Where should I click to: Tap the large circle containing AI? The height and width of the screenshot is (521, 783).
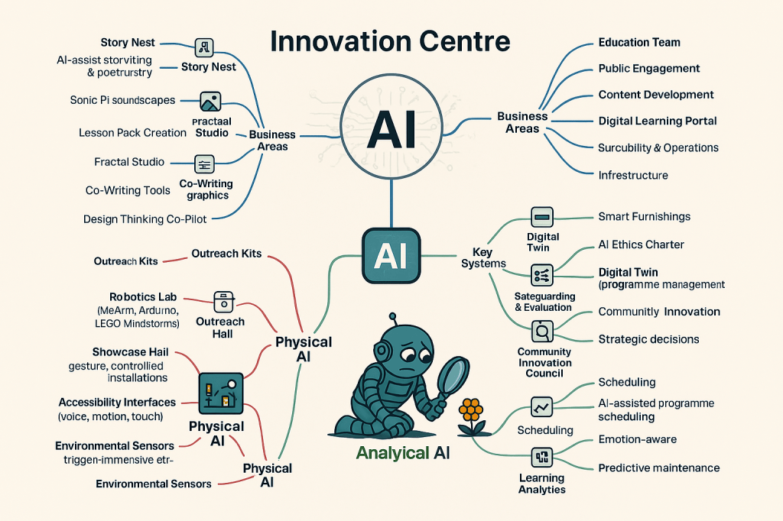391,129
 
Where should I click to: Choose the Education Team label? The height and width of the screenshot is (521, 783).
639,43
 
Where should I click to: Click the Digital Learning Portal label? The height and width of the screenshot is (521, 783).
657,121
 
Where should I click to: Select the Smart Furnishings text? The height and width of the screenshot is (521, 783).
644,217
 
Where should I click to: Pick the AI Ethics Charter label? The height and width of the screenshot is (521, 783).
641,244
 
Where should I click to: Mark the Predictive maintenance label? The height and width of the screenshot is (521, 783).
658,468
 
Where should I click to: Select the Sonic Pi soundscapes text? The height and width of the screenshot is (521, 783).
122,100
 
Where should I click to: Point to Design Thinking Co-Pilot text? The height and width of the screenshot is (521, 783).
145,219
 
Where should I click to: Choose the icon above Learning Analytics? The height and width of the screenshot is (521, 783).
541,457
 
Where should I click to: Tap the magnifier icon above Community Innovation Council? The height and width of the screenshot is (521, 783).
541,331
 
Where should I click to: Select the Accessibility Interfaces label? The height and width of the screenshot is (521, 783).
117,402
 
